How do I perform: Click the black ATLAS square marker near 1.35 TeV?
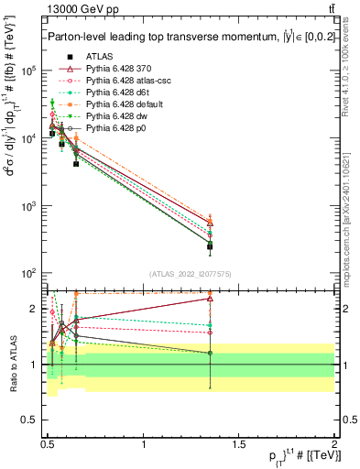click(x=211, y=245)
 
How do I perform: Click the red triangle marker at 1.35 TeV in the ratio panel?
click(x=211, y=298)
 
